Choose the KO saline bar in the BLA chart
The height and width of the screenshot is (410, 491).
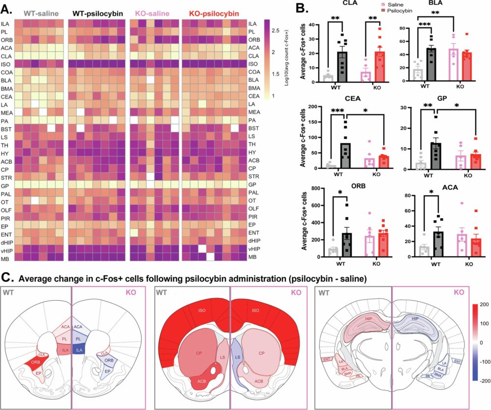click(453, 64)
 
